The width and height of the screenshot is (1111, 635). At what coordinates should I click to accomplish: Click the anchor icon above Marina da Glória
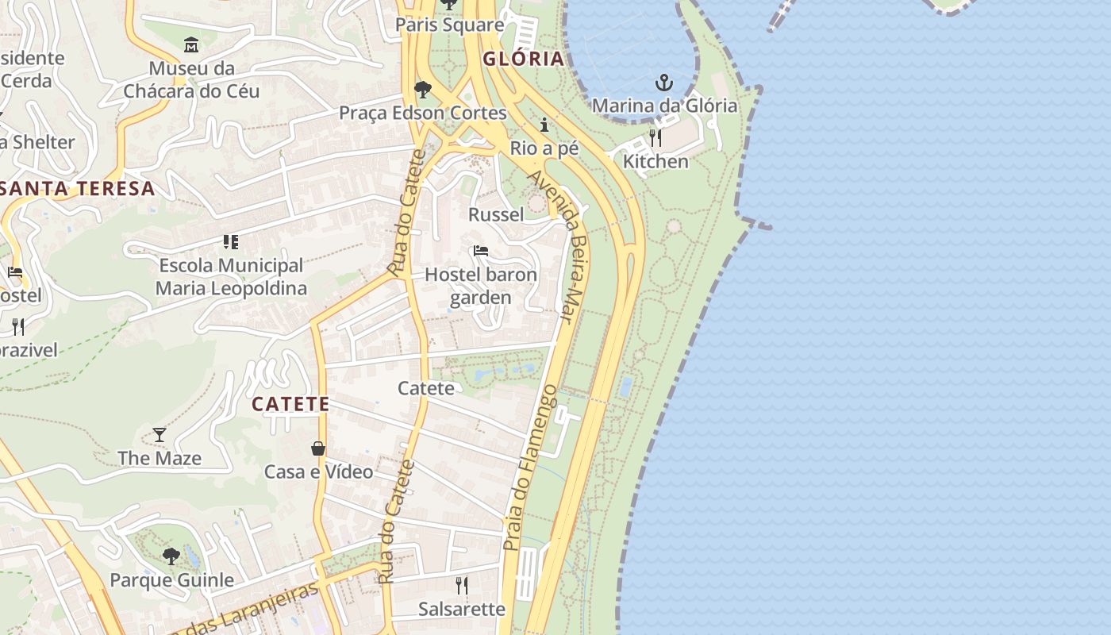[663, 82]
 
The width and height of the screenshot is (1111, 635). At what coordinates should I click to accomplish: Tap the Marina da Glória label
[664, 106]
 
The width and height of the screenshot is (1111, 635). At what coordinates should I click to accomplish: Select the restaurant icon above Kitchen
[655, 138]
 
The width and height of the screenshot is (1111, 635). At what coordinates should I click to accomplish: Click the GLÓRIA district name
[524, 58]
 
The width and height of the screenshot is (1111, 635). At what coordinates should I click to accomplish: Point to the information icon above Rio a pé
[544, 125]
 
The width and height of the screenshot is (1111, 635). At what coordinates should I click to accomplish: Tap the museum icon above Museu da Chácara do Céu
[191, 44]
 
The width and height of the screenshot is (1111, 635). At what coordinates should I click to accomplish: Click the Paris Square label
[450, 25]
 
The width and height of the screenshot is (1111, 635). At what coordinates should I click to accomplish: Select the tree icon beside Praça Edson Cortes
[423, 89]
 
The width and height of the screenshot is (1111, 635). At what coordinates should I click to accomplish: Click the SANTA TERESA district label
[78, 189]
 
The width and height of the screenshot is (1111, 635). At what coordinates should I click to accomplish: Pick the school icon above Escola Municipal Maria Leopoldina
[230, 241]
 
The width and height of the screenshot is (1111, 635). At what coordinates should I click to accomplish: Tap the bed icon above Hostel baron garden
[481, 252]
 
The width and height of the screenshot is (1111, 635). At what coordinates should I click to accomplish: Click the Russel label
[496, 214]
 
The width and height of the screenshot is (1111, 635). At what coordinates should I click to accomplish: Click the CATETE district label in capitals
[290, 404]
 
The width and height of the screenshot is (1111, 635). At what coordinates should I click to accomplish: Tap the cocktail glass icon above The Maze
[160, 434]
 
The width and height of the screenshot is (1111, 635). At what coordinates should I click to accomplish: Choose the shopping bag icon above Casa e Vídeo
[318, 448]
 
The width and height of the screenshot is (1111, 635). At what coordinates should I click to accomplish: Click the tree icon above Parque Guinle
[171, 556]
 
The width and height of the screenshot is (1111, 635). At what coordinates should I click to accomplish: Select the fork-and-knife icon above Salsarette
[462, 586]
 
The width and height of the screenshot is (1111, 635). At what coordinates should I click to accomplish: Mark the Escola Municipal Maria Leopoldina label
[230, 276]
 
